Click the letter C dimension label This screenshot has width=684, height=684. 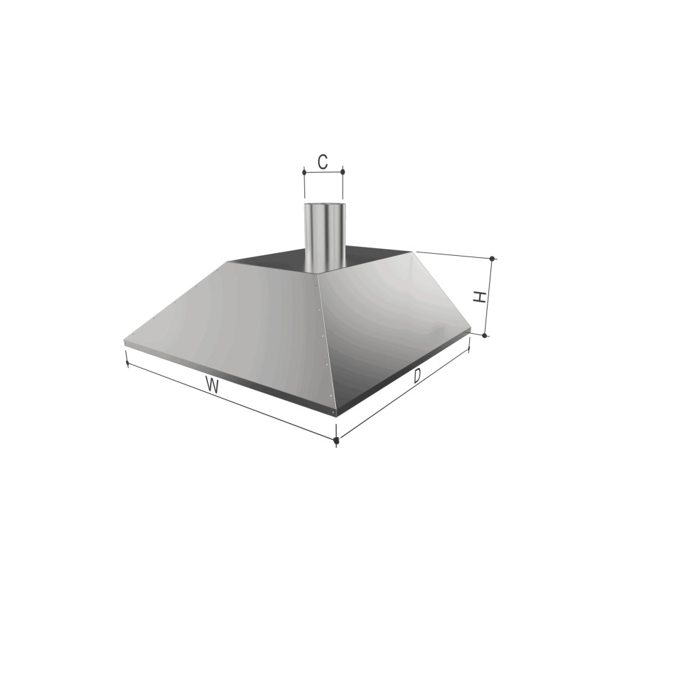click(322, 162)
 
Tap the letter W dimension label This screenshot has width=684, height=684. click(213, 386)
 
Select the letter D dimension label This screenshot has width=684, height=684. click(417, 376)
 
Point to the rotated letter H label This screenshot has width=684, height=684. click(480, 297)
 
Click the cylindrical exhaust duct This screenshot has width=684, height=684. click(325, 237)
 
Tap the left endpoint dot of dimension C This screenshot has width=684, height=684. click(304, 172)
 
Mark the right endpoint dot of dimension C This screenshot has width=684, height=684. click(343, 172)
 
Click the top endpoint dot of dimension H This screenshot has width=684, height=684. click(492, 259)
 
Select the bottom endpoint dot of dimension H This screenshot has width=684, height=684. click(484, 335)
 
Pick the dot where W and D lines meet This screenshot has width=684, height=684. click(336, 440)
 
